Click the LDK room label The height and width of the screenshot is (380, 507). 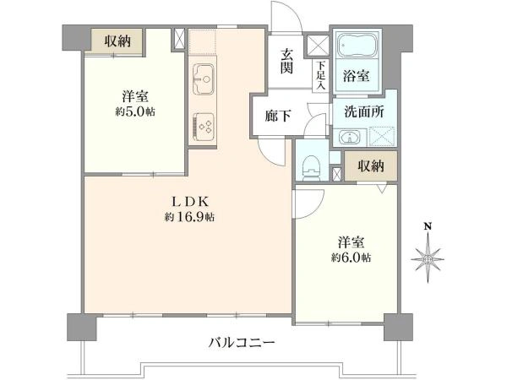point(190,201)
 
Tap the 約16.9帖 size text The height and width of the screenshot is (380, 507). point(190,217)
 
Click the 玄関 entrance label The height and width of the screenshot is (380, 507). point(287,61)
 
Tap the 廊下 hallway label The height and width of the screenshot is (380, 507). point(273,117)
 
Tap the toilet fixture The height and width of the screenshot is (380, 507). point(309,163)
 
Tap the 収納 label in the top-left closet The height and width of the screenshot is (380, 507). point(118,41)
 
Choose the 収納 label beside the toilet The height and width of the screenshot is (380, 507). point(370,166)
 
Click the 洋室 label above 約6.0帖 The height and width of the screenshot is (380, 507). point(349,240)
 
